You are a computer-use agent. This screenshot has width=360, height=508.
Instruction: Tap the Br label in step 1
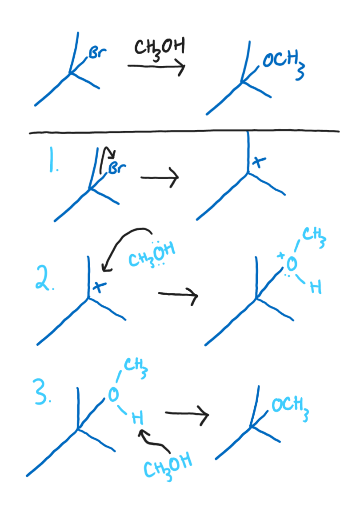coord(117,168)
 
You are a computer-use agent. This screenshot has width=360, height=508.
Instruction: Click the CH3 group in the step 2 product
coord(314,236)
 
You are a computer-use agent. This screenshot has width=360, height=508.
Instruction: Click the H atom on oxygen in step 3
coord(138,418)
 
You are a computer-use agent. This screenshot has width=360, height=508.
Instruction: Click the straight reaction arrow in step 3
coord(187,415)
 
